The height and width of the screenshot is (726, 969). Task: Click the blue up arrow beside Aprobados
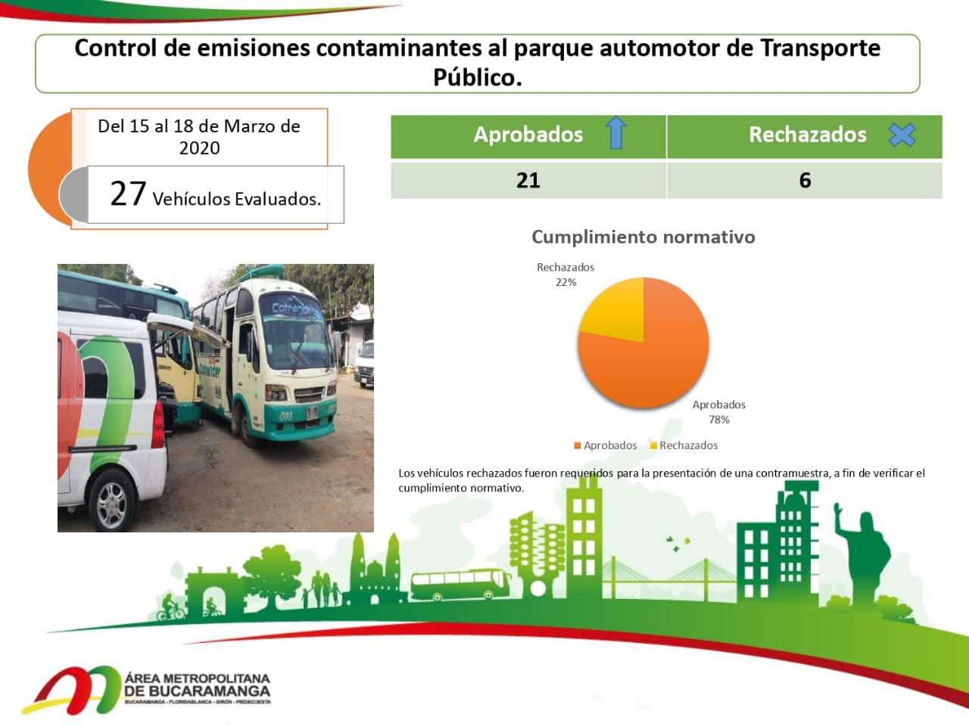tap(616, 132)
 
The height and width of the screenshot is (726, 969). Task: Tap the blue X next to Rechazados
tap(902, 135)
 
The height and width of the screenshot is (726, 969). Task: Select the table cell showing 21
tap(528, 181)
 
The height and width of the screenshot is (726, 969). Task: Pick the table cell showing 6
tap(805, 181)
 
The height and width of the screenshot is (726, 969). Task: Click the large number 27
tap(128, 194)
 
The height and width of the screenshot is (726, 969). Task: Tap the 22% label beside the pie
tap(566, 282)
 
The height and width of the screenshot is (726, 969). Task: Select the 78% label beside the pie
tap(719, 420)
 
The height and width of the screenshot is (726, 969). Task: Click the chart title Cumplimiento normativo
tap(643, 237)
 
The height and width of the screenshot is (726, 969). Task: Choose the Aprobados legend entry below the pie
tap(606, 445)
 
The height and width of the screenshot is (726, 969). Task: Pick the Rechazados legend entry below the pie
tap(684, 445)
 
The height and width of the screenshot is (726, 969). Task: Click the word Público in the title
tap(478, 78)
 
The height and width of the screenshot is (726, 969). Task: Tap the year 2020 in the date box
tap(200, 148)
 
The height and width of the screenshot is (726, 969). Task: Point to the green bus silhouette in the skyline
tap(460, 585)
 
